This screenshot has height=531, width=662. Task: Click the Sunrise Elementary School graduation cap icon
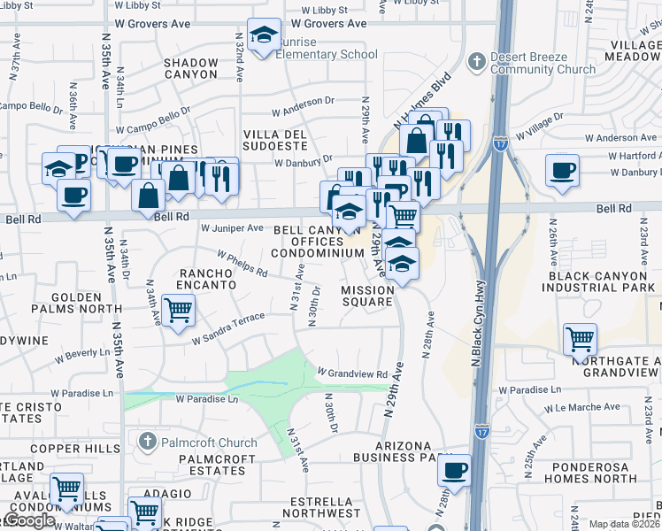click(264, 35)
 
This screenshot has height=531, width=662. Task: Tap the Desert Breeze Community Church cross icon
click(476, 62)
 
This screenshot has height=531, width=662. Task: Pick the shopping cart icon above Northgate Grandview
click(580, 338)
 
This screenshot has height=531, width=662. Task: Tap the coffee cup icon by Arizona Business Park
click(454, 469)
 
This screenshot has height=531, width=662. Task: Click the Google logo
click(29, 520)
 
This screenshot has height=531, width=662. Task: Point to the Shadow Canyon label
click(191, 69)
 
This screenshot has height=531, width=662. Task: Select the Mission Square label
click(367, 296)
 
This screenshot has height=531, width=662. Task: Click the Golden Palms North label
click(64, 303)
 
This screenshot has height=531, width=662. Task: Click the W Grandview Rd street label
click(353, 374)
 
